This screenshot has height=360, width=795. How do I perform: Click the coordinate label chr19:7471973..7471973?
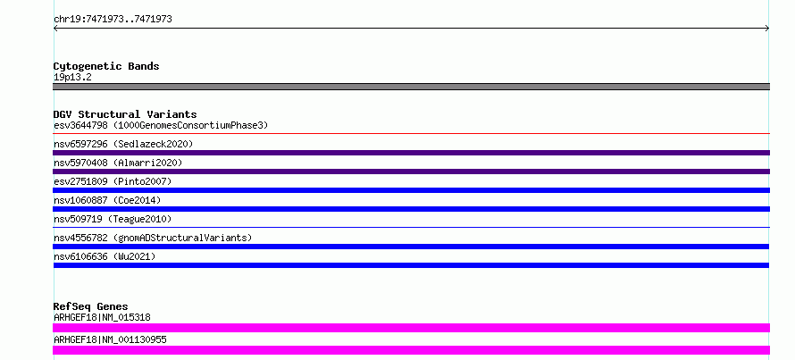(113, 20)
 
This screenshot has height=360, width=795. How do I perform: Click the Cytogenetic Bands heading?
(106, 66)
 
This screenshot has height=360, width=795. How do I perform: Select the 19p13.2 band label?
(72, 78)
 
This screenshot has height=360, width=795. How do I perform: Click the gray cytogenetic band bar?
(411, 87)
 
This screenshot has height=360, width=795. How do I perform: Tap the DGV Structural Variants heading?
(125, 114)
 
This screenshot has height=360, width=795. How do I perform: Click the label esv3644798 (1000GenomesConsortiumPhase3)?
(161, 125)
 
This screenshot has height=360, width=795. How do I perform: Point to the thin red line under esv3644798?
(411, 134)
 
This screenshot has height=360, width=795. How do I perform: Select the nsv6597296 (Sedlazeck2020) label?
(123, 144)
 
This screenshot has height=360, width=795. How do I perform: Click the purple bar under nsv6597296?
(411, 153)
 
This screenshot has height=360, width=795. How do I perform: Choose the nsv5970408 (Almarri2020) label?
(118, 163)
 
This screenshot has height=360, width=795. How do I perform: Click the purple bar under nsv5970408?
(411, 172)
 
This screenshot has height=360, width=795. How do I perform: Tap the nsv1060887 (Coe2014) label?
(107, 200)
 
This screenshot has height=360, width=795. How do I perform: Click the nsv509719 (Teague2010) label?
(113, 219)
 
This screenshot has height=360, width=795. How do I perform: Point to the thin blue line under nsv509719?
(411, 228)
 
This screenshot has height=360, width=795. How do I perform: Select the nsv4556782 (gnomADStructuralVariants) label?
(153, 238)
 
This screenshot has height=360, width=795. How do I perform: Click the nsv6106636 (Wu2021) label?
(105, 256)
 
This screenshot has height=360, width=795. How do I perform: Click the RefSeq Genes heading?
(91, 306)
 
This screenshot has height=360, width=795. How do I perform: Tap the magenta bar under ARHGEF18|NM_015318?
(411, 328)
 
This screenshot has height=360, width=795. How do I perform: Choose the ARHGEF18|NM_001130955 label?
(110, 339)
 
